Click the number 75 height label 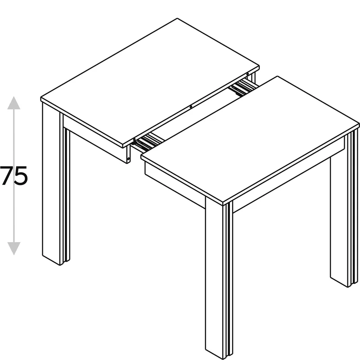coord(13,175)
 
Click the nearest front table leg coord(219,278)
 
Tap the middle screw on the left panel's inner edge coord(191,107)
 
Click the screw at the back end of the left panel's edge coord(247,74)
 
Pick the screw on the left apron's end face coord(128,158)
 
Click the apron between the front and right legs coord(288,175)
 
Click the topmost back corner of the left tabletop coord(177,18)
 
